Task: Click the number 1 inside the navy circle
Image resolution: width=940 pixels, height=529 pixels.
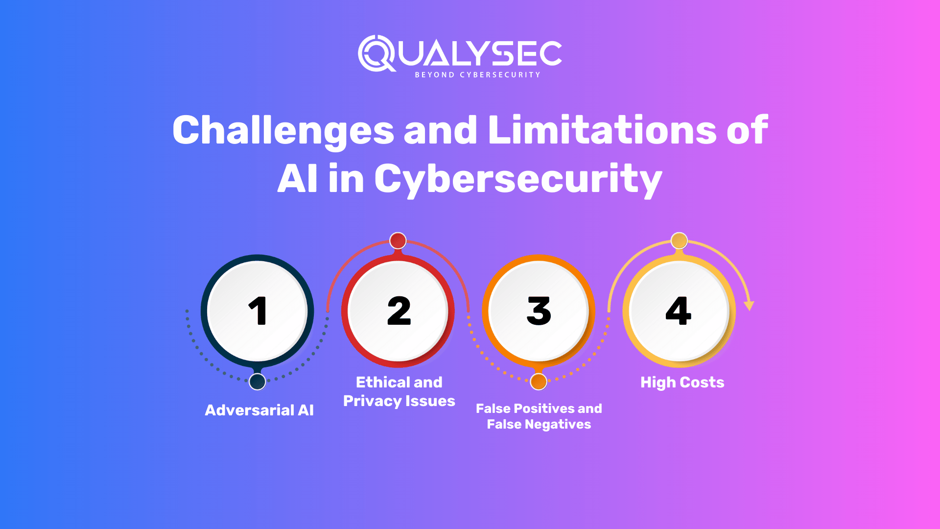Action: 258,311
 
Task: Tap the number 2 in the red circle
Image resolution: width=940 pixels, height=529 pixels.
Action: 399,311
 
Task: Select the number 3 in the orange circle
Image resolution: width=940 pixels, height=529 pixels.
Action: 539,311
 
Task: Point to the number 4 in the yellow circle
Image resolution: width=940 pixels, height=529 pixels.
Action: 679,311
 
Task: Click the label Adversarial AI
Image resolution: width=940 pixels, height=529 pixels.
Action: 259,410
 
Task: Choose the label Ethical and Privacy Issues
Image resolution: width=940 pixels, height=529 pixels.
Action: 399,391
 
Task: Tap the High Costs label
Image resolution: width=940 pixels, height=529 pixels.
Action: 682,382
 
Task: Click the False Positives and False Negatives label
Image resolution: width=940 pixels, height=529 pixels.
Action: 539,416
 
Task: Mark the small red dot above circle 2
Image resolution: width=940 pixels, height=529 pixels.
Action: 398,240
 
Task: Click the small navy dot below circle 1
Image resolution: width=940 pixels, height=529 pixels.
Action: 258,382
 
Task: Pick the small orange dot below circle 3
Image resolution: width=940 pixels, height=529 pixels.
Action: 539,382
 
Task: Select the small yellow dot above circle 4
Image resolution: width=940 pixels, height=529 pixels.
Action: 679,240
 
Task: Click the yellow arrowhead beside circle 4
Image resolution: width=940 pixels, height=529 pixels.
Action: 749,306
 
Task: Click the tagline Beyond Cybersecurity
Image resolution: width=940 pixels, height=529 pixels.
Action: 477,75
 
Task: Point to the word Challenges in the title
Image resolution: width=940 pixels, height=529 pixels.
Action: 283,130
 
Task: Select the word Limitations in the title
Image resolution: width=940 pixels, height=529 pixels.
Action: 602,130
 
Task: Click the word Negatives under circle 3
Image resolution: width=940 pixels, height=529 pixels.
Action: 558,424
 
